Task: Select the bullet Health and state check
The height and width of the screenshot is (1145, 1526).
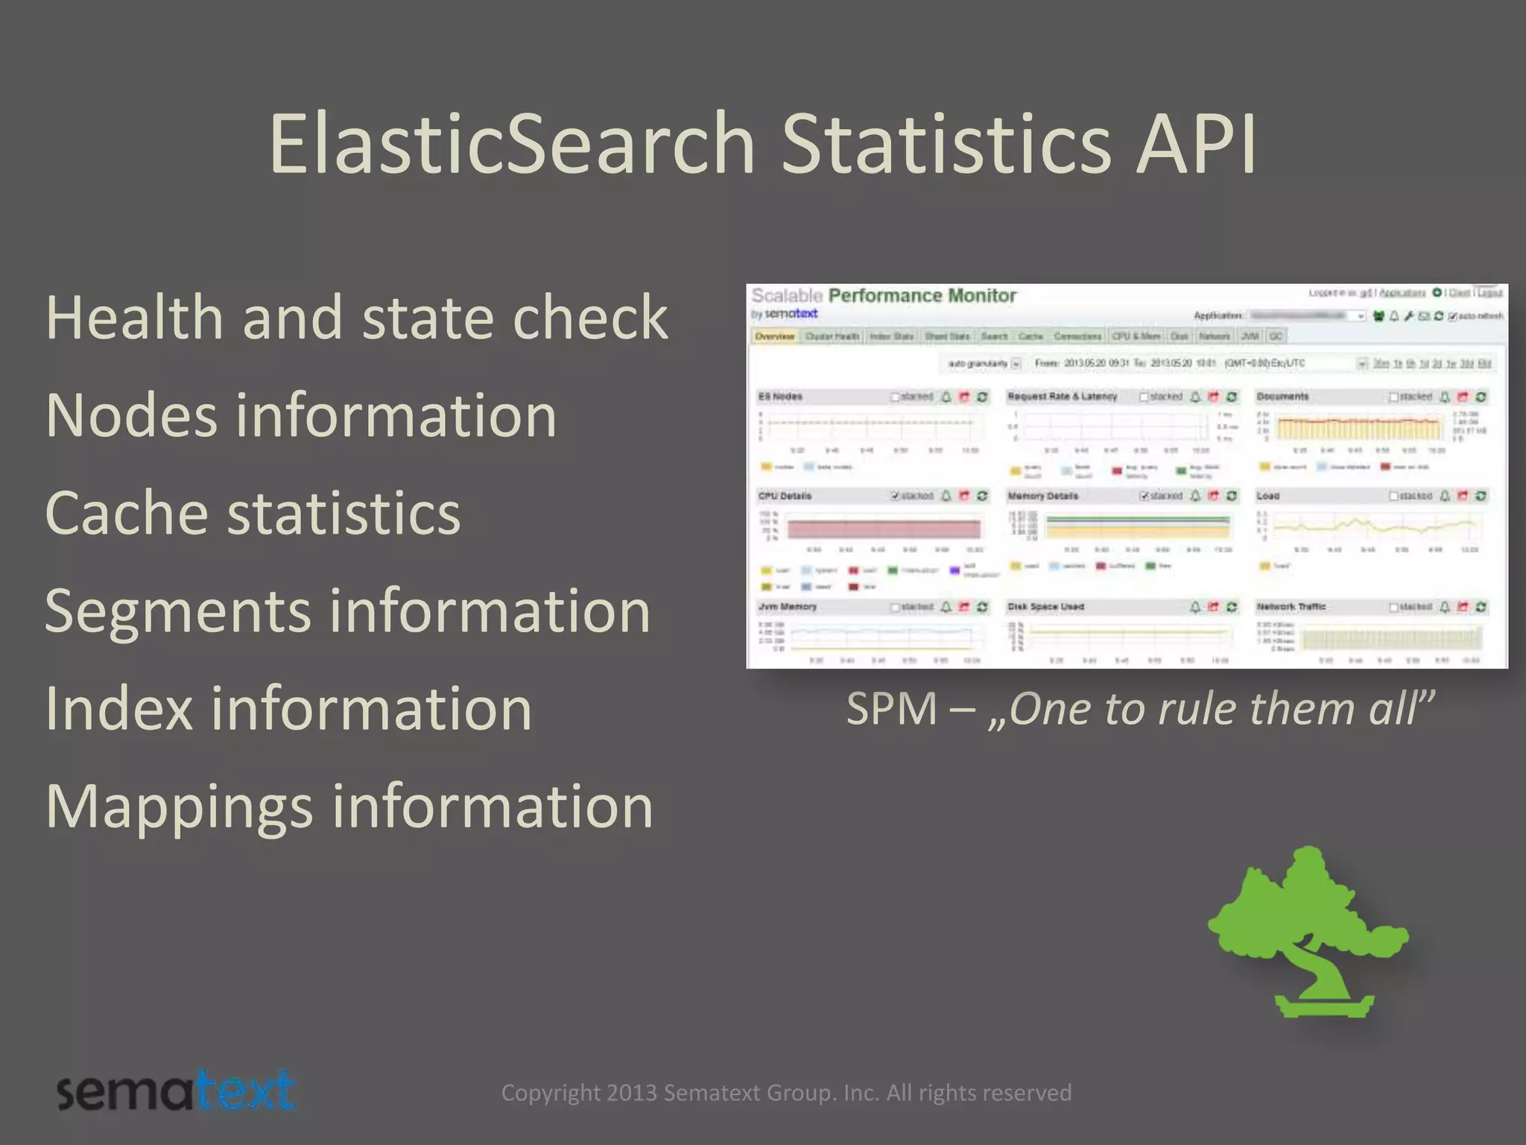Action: pos(356,318)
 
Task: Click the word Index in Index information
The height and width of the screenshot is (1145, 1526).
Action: pos(119,709)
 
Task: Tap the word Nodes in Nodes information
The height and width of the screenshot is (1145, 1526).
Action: pos(131,415)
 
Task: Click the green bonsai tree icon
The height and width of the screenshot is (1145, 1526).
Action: pos(1308,917)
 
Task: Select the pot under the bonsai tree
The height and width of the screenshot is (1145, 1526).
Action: pos(1323,1006)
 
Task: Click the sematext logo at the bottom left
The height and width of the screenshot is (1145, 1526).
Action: pos(176,1092)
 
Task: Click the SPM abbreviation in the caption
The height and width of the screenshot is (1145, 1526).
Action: pos(891,709)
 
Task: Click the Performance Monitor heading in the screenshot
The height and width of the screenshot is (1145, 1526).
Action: pos(922,296)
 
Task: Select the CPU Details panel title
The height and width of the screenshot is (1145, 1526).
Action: pos(785,496)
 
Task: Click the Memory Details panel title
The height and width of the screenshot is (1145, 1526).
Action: pos(1042,496)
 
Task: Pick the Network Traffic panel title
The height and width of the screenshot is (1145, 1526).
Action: pos(1291,607)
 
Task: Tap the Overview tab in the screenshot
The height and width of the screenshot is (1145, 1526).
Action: pos(774,337)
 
